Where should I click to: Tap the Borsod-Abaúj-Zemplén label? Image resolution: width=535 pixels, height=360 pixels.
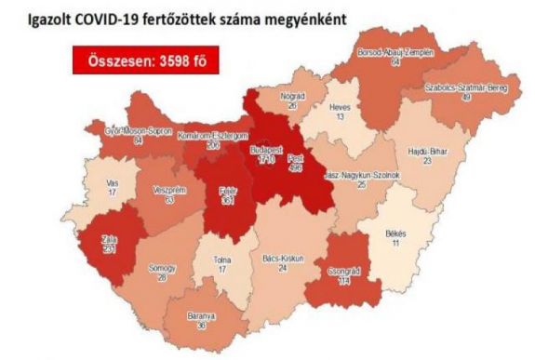point(395,52)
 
